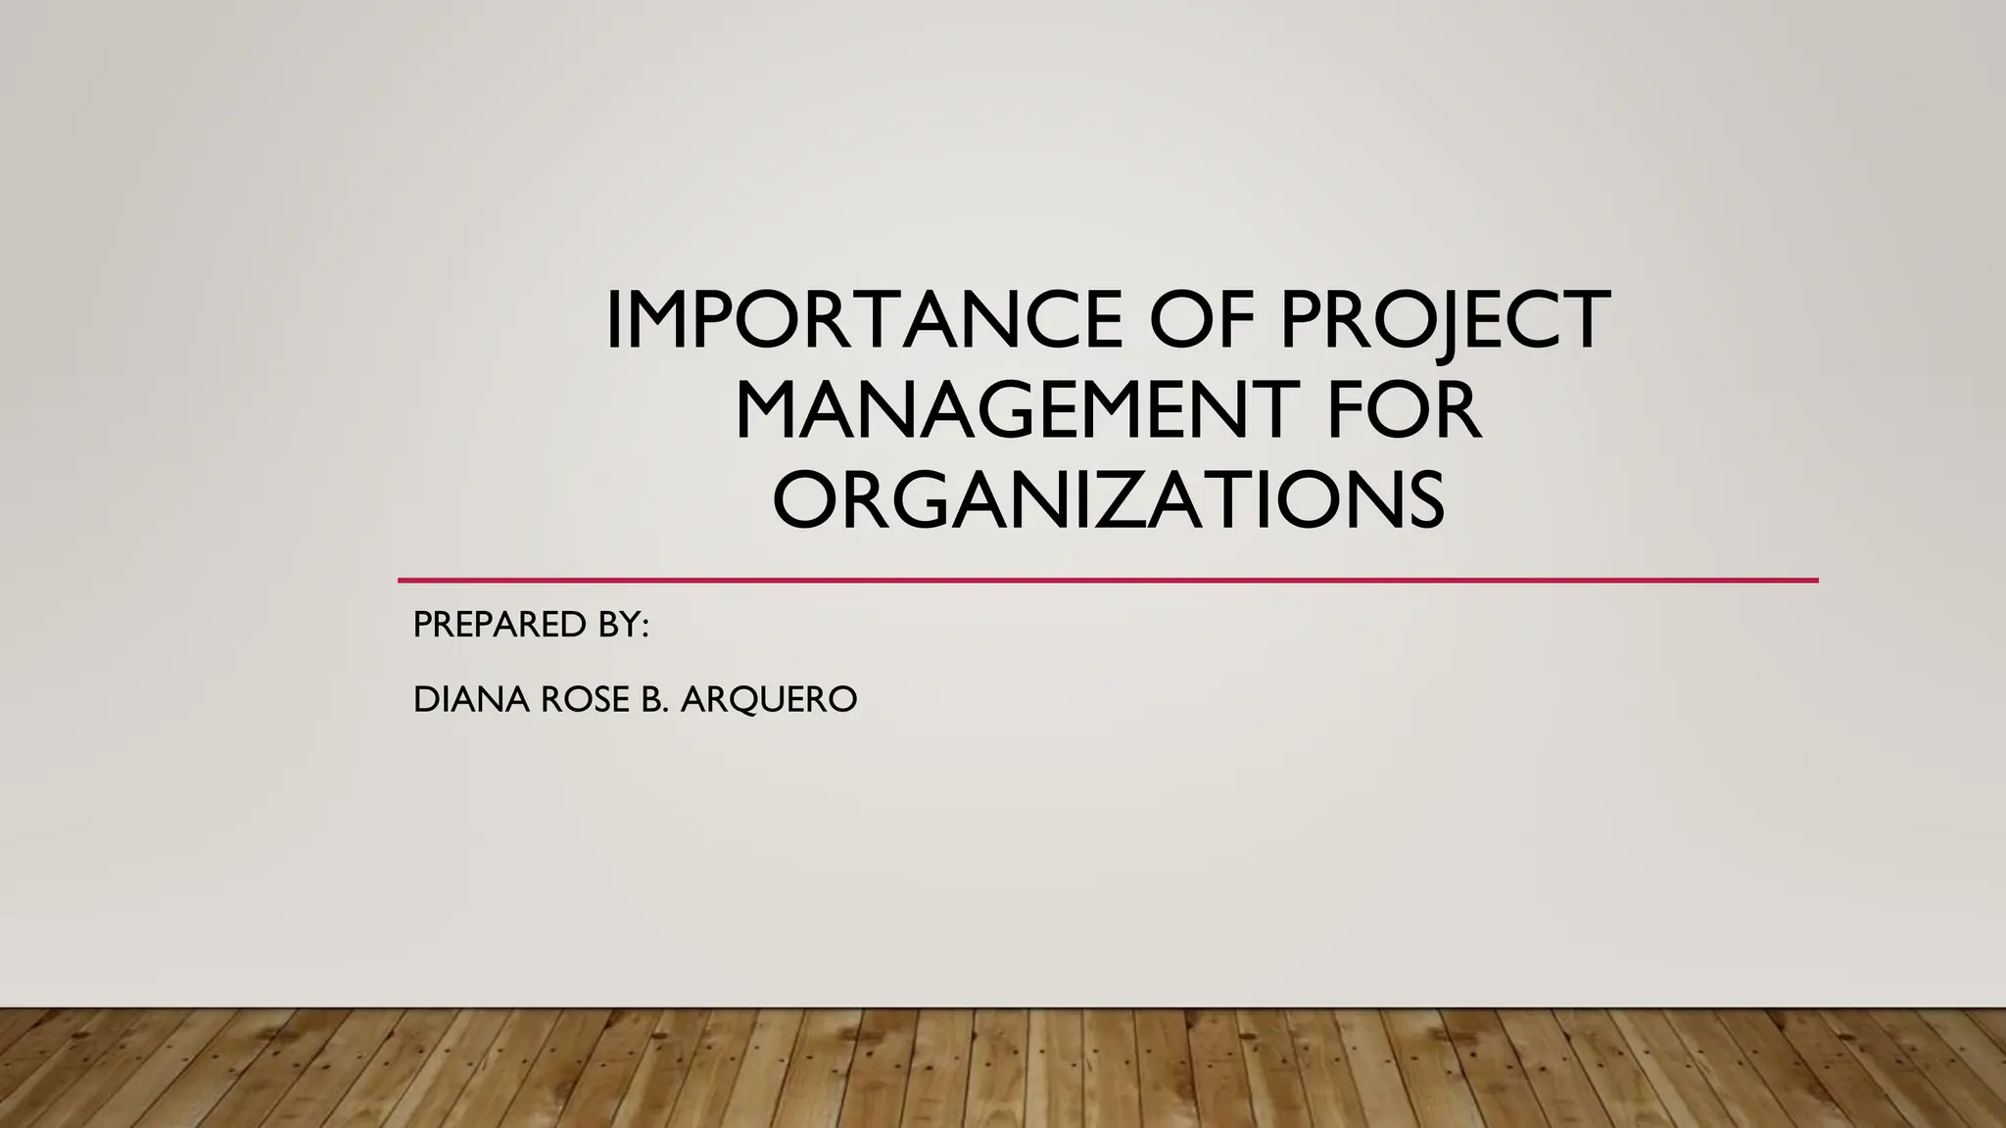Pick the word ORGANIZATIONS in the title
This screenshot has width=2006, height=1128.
pos(1108,499)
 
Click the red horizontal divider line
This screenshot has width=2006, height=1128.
pos(1108,581)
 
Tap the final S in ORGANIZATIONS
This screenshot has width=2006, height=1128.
pos(1421,499)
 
